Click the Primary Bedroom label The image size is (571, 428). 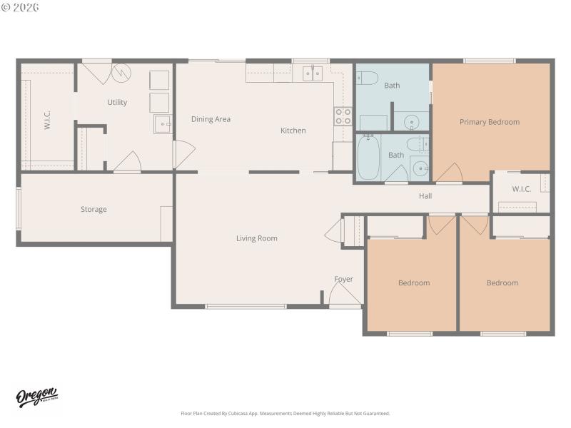pos(489,122)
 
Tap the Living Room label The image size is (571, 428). pos(257,238)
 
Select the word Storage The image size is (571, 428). pos(94,210)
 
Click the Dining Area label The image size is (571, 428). pos(211,119)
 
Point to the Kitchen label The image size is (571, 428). pos(293,131)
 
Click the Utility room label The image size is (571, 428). pos(117,102)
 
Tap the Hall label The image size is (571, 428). pos(425,196)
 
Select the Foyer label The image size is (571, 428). pos(344,279)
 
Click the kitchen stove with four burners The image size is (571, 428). pos(343,116)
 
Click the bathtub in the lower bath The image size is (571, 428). pos(369,158)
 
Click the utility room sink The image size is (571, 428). pos(163,124)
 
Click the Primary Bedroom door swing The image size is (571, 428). pos(449,173)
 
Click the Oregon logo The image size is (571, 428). pos(37,398)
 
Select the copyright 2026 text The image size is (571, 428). pos(21,6)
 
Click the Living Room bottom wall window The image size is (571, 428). pos(246,307)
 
